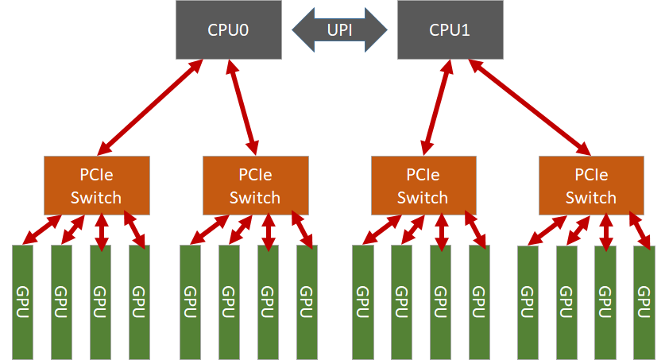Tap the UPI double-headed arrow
339,31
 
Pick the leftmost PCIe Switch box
96,185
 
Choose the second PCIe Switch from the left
254,185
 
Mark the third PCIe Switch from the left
423,185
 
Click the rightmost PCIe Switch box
591,185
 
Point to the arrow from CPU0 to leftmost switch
149,106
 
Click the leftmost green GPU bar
22,302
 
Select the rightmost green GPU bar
644,302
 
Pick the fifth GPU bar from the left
190,302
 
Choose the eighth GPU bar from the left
307,302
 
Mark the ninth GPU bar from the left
362,302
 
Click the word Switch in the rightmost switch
591,197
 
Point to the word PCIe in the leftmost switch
96,174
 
